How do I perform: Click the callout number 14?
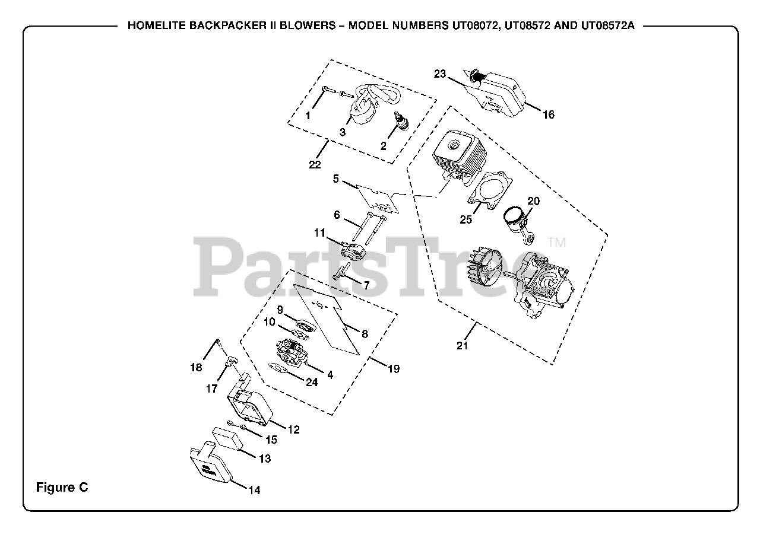click(254, 490)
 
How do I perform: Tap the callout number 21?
click(463, 346)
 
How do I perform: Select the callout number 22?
click(314, 165)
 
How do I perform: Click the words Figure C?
click(62, 488)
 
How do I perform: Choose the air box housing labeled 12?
click(246, 406)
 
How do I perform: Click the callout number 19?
click(393, 368)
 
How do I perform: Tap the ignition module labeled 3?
click(363, 110)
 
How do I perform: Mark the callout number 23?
click(439, 74)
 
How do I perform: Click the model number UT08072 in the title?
click(471, 27)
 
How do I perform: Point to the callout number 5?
click(335, 178)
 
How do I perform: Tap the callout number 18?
click(196, 367)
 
